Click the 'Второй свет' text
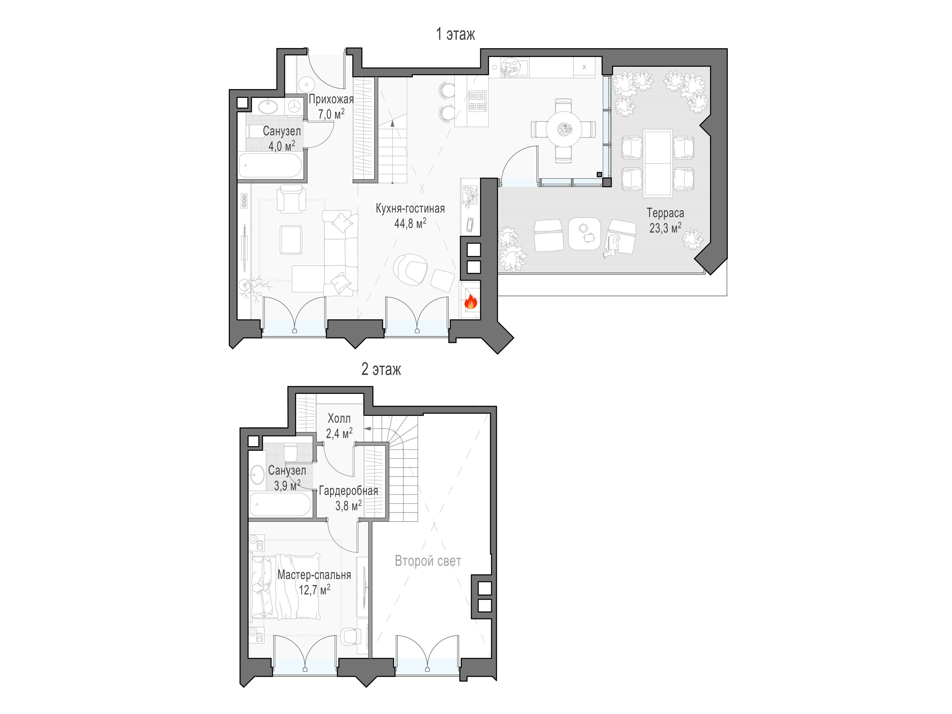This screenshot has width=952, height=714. (x=428, y=561)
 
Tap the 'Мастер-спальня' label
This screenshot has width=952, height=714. (x=314, y=575)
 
